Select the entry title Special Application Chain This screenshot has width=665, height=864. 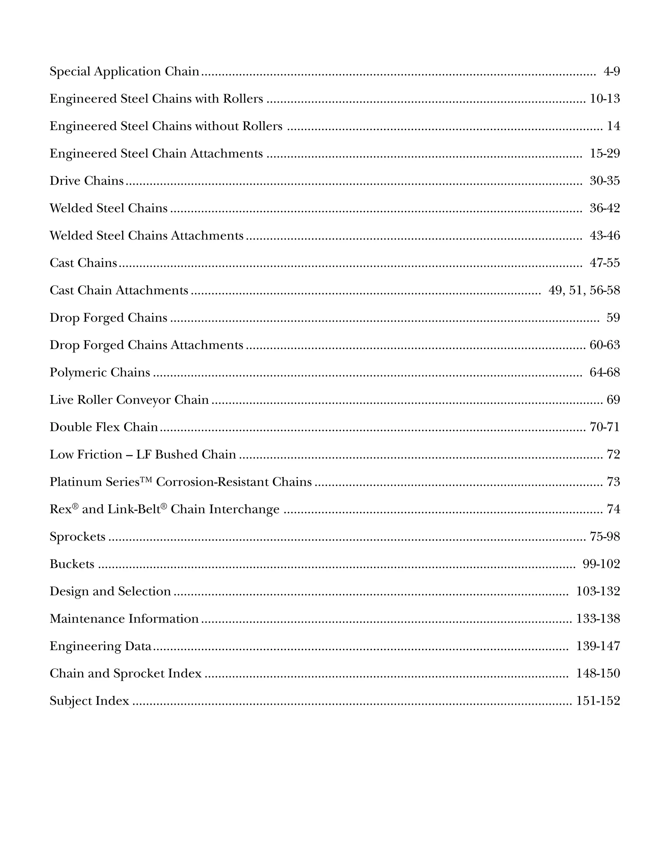124,71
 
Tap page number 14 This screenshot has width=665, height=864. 613,126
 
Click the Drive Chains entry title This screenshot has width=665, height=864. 87,181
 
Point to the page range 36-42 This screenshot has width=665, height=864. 605,208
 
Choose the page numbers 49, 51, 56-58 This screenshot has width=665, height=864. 584,290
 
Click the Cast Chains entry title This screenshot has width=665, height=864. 83,263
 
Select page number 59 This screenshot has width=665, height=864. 613,318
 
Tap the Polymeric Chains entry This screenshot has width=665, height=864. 100,373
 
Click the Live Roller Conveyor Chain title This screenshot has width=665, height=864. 129,400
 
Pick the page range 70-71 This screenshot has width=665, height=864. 605,427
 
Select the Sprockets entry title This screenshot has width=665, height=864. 78,537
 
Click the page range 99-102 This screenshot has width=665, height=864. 601,564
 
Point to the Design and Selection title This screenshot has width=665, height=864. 110,591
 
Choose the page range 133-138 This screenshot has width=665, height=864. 598,619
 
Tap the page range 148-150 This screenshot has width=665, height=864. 598,673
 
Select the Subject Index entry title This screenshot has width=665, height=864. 89,701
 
